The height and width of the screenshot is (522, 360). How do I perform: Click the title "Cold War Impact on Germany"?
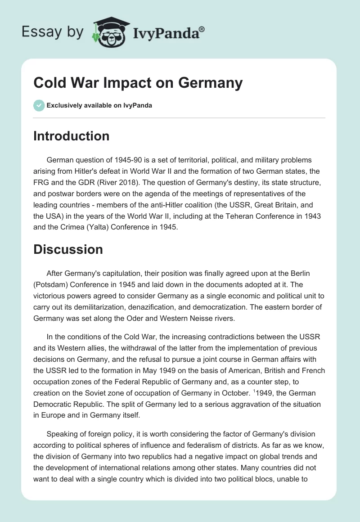coord(138,83)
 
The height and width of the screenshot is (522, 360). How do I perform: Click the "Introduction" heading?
coord(71,136)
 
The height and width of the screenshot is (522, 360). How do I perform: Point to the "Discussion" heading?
coord(68,249)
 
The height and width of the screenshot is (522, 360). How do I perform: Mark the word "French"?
coord(310,370)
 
